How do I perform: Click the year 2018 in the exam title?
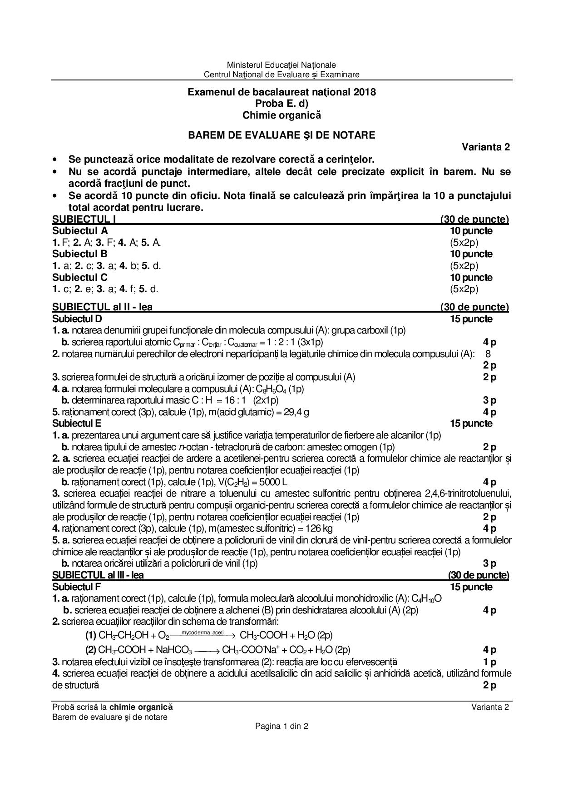click(365, 92)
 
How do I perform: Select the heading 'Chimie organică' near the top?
click(281, 115)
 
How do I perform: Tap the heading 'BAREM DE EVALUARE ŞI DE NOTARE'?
click(281, 135)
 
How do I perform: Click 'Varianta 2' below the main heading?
click(486, 147)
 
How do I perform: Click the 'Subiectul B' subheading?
click(80, 254)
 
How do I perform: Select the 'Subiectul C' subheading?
click(80, 277)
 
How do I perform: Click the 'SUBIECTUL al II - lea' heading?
click(103, 307)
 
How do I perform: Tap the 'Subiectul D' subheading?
click(77, 319)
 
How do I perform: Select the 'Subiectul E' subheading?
click(77, 423)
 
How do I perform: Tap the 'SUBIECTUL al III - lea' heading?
click(98, 575)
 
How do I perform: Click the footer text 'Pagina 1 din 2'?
click(281, 726)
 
